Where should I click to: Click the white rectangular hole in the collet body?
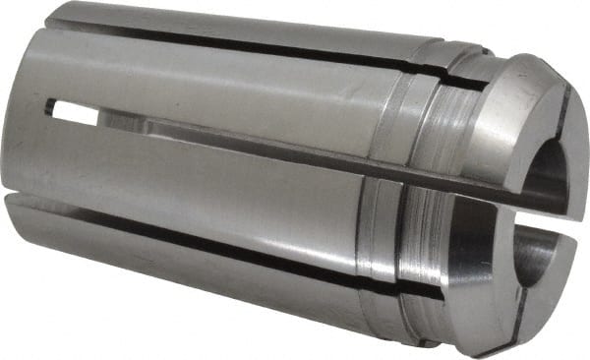click(x=75, y=115)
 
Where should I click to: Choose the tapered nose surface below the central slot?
click(x=452, y=280)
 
